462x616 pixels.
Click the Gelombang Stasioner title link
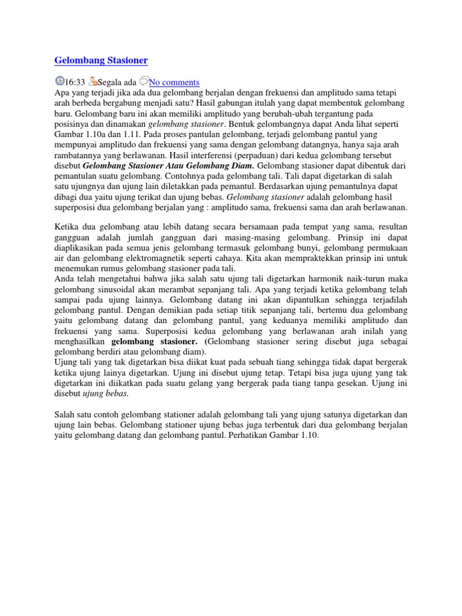click(100, 60)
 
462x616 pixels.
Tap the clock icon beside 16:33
click(59, 81)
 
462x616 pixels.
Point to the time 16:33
click(75, 82)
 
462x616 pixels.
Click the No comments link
click(174, 82)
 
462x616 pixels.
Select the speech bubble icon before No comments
click(143, 81)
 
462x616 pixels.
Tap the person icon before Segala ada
click(92, 81)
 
